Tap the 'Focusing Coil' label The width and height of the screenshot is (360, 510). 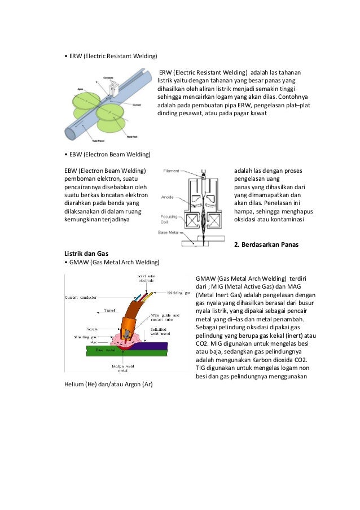pyautogui.click(x=170, y=219)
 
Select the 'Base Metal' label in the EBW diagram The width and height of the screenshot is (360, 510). pyautogui.click(x=170, y=233)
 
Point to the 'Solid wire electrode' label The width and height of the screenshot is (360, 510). pyautogui.click(x=147, y=278)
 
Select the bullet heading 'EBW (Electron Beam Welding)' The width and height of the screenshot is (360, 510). pyautogui.click(x=108, y=154)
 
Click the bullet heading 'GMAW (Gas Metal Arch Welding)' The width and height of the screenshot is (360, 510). pyautogui.click(x=112, y=262)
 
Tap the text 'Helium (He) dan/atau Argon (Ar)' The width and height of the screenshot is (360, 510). pyautogui.click(x=109, y=385)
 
